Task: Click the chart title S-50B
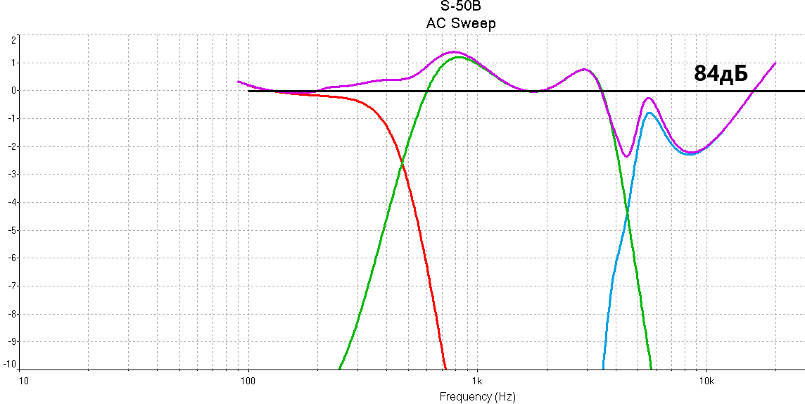[461, 8]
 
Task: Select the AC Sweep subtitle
[461, 23]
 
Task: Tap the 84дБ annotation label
[720, 73]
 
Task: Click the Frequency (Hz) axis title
[477, 396]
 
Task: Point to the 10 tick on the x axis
[23, 381]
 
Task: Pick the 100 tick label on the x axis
[248, 381]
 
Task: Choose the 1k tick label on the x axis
[477, 381]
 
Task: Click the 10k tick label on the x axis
[706, 381]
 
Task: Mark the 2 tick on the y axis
[13, 40]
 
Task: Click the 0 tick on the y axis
[13, 90]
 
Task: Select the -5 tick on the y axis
[11, 229]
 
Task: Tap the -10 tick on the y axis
[9, 364]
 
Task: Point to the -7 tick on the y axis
[11, 286]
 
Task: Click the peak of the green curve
[459, 57]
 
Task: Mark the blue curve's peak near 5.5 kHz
[649, 113]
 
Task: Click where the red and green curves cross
[402, 163]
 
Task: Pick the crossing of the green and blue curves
[627, 213]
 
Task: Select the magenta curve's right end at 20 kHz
[775, 63]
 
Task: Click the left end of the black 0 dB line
[249, 91]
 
